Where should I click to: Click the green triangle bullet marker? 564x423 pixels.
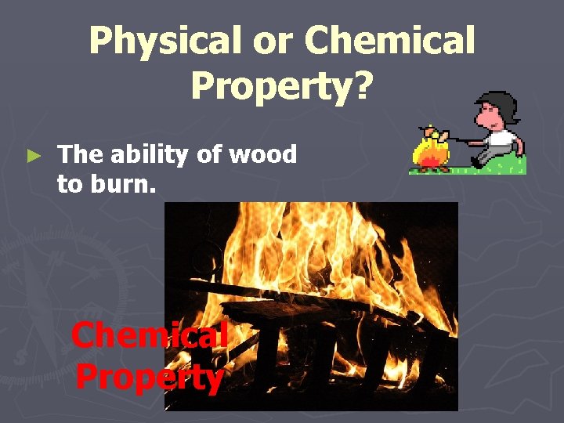[x=32, y=156]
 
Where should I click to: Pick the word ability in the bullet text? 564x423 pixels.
[x=146, y=155]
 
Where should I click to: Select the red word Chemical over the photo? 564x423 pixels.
[x=149, y=335]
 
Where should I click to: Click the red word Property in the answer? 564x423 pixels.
[x=150, y=377]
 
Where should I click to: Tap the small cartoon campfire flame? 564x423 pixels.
[x=431, y=152]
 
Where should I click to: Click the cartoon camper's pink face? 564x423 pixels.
[x=491, y=118]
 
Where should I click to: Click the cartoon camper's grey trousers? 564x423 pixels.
[x=493, y=156]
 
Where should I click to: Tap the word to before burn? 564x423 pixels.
[x=68, y=185]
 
